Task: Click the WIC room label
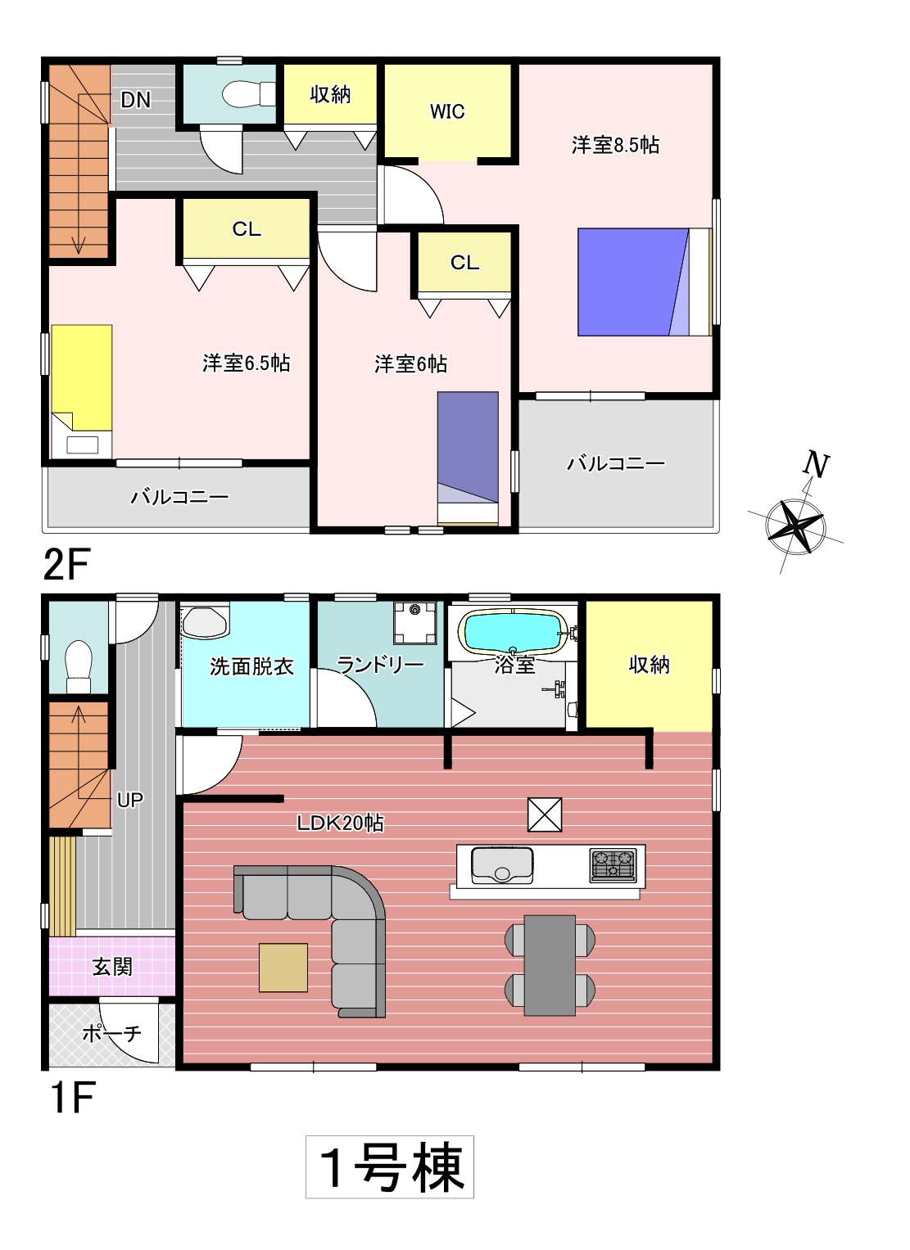pos(446,111)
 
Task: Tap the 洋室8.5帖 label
pos(615,145)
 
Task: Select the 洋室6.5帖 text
pos(247,363)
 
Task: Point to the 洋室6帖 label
pos(410,364)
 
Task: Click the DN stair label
pos(136,100)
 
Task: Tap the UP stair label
pos(130,801)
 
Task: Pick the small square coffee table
pos(283,968)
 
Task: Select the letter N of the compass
pos(816,464)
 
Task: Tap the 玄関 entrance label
pos(112,967)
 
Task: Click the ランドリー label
pos(380,665)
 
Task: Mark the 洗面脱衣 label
pos(251,666)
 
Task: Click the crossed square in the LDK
pos(545,815)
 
